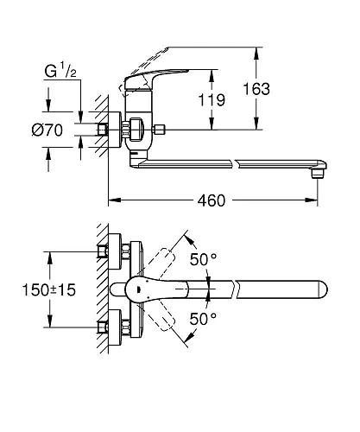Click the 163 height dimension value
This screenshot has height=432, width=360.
(x=256, y=89)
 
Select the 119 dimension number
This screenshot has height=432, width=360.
(x=212, y=100)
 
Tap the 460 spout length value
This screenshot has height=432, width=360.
(x=212, y=200)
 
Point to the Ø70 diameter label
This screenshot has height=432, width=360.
(x=47, y=130)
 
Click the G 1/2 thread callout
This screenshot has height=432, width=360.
(x=60, y=71)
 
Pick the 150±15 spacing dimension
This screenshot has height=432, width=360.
(x=49, y=289)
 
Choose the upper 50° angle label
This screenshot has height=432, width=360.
(x=203, y=259)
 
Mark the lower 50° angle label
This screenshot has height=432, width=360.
(x=203, y=319)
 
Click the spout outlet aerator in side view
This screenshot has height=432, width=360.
(x=318, y=173)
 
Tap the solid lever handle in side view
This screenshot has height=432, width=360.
(x=155, y=76)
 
